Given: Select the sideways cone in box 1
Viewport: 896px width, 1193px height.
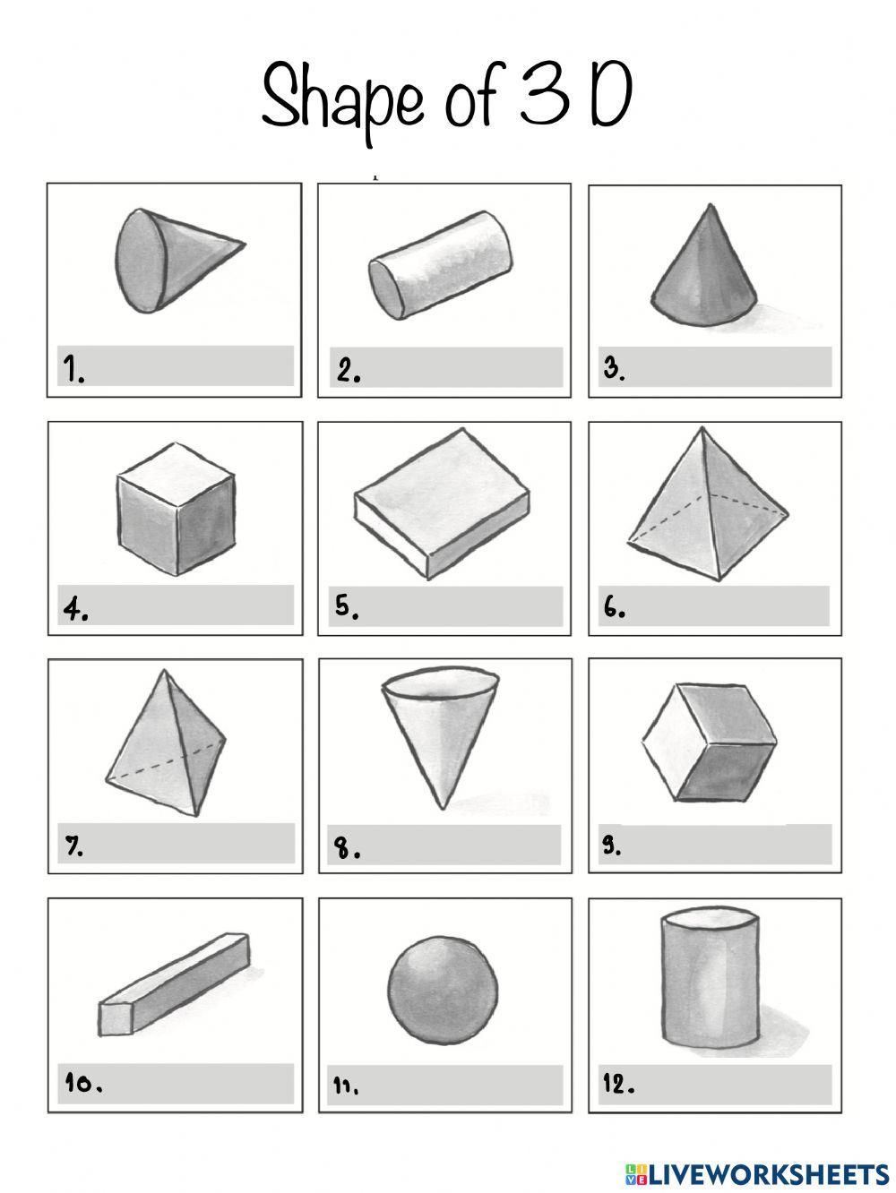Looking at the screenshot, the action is (x=180, y=261).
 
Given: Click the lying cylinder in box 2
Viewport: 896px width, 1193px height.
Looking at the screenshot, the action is (x=441, y=265).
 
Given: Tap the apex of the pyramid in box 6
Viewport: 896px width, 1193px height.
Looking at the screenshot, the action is (x=702, y=428).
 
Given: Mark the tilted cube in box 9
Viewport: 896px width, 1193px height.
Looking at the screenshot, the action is (x=709, y=742).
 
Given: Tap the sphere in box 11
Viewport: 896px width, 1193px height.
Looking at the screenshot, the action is (x=443, y=990).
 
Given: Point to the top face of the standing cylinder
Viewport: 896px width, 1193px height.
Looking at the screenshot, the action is (x=710, y=919).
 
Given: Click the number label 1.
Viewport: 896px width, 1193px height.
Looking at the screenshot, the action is (x=73, y=369).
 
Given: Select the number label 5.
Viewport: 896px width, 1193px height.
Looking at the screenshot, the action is (x=347, y=606).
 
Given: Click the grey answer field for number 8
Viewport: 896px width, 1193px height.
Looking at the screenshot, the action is (x=444, y=845).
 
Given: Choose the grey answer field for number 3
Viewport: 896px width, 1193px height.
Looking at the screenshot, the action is (x=715, y=367).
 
